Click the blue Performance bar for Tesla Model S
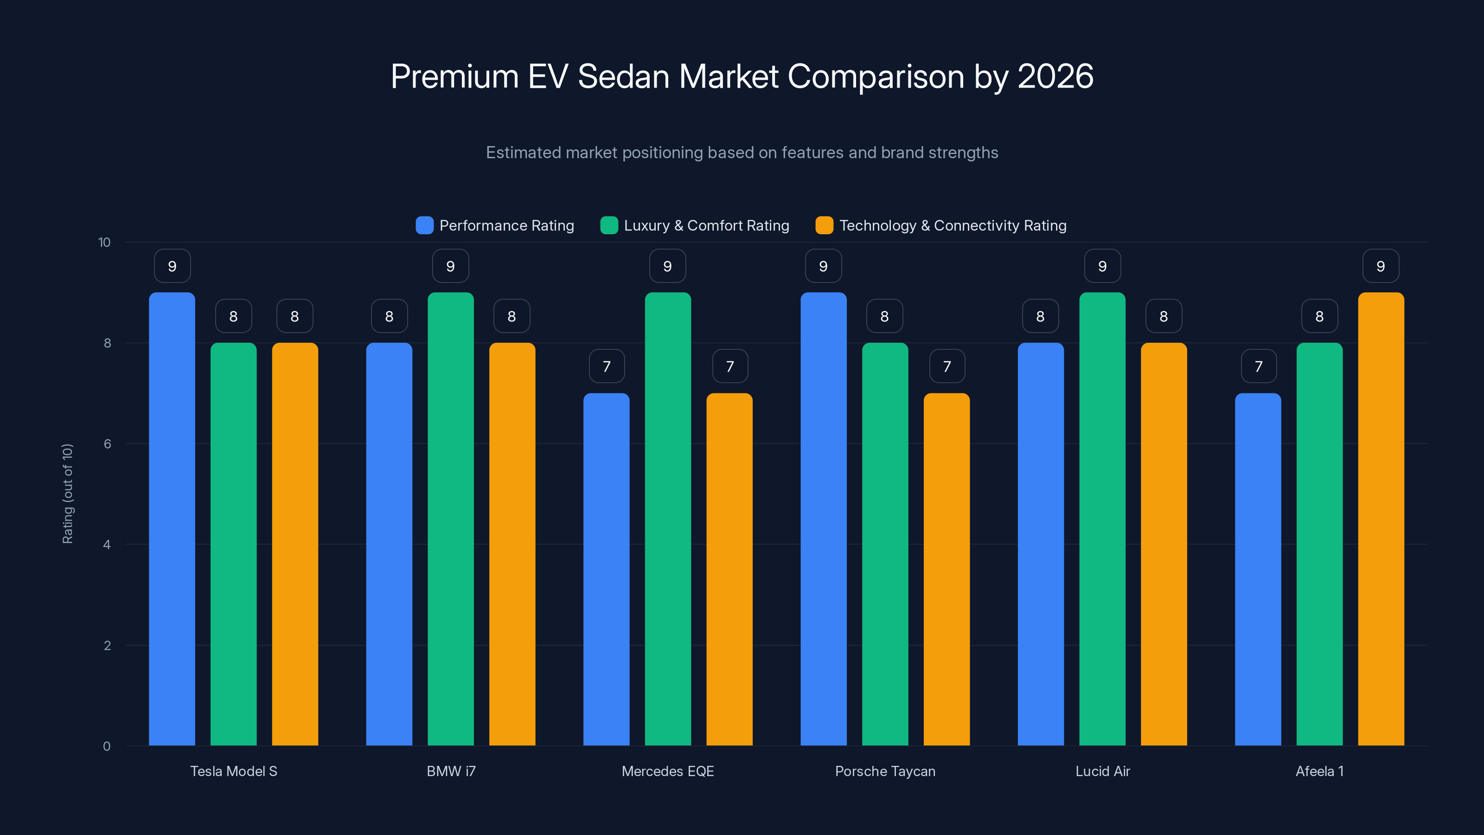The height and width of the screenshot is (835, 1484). click(172, 519)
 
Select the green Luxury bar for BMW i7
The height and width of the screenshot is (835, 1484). click(450, 519)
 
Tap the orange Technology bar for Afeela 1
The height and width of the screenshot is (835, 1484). click(1381, 519)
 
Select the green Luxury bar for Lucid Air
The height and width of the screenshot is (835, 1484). click(1102, 519)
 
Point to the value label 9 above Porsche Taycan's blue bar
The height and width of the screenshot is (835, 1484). click(823, 266)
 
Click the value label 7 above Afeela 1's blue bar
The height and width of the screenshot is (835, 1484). click(1259, 366)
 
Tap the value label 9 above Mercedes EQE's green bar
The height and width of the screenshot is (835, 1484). click(668, 266)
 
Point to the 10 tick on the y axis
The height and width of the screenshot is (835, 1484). click(104, 242)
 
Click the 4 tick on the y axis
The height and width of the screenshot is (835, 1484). click(107, 545)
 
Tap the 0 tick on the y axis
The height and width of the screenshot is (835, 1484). click(107, 746)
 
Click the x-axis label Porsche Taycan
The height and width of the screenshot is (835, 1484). click(885, 771)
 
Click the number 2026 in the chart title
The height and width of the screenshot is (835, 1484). click(1055, 76)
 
